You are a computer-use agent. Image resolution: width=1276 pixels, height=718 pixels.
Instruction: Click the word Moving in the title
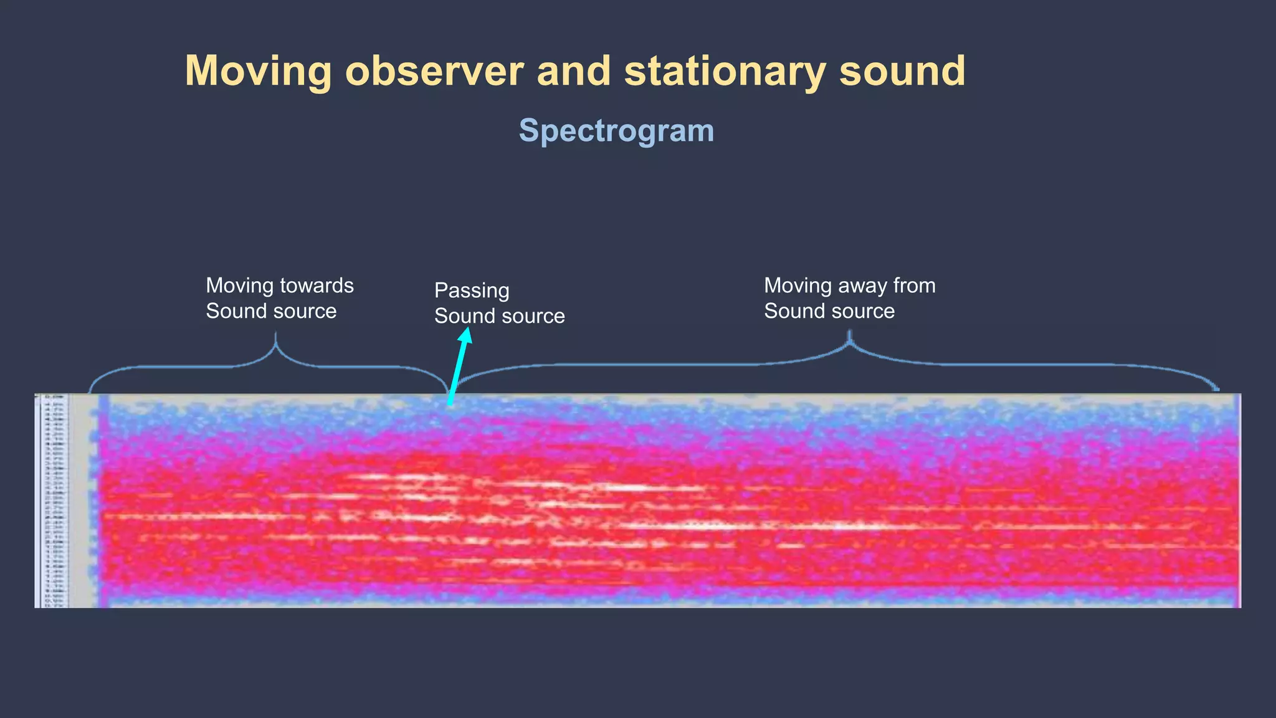point(258,71)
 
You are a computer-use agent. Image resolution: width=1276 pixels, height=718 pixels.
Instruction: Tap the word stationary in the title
point(725,71)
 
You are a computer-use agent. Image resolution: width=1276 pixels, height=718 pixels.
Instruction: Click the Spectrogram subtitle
point(616,131)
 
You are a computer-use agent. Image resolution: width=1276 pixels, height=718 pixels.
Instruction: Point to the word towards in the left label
point(317,285)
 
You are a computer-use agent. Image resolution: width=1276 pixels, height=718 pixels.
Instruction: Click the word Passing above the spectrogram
point(472,290)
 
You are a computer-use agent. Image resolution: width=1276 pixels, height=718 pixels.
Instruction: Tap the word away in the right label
point(862,285)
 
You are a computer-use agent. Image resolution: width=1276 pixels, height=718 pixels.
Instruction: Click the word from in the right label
point(914,285)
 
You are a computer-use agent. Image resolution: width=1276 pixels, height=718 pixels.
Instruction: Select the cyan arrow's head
point(465,335)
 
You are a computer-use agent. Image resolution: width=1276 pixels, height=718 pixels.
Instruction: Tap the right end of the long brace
point(1217,389)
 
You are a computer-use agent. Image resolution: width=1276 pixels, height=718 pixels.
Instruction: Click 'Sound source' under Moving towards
point(271,311)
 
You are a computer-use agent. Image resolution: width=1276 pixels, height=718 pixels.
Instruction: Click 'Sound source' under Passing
point(499,316)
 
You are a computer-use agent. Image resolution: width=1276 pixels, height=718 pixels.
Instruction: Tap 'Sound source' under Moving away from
point(829,311)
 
